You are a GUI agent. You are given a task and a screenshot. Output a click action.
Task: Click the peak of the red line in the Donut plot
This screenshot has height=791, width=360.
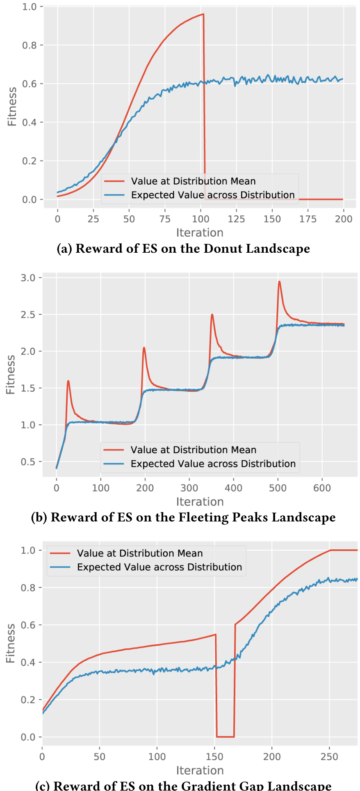tap(203, 14)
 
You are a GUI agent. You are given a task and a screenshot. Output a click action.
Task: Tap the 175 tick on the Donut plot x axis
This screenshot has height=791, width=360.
tap(308, 219)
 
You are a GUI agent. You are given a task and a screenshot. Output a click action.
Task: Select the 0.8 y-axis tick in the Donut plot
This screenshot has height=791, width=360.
tap(29, 45)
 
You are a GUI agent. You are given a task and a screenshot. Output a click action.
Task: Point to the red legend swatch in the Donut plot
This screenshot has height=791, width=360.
tap(114, 181)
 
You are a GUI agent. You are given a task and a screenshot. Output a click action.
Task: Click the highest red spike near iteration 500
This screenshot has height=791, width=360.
tap(279, 281)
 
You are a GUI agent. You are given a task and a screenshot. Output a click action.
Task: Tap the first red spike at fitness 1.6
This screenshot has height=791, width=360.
tap(68, 381)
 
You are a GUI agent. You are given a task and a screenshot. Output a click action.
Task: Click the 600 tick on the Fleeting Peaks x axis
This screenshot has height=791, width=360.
tap(322, 488)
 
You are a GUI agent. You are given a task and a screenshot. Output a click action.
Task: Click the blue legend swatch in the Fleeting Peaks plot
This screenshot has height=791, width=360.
tap(114, 464)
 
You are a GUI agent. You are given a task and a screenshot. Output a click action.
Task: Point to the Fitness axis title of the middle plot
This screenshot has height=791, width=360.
tap(11, 375)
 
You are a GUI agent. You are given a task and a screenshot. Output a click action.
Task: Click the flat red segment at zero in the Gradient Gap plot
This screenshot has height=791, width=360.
tap(225, 737)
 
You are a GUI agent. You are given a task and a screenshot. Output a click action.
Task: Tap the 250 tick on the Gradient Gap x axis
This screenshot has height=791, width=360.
tap(330, 757)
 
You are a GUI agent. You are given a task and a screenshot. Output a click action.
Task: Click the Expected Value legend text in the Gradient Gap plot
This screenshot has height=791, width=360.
tap(159, 567)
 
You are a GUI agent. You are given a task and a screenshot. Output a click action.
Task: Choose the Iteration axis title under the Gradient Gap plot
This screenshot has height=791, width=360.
tap(200, 770)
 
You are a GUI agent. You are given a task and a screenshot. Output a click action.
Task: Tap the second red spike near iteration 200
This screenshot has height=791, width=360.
tap(144, 348)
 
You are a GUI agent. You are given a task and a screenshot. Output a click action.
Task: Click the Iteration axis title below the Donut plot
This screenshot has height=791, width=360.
tap(200, 233)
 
